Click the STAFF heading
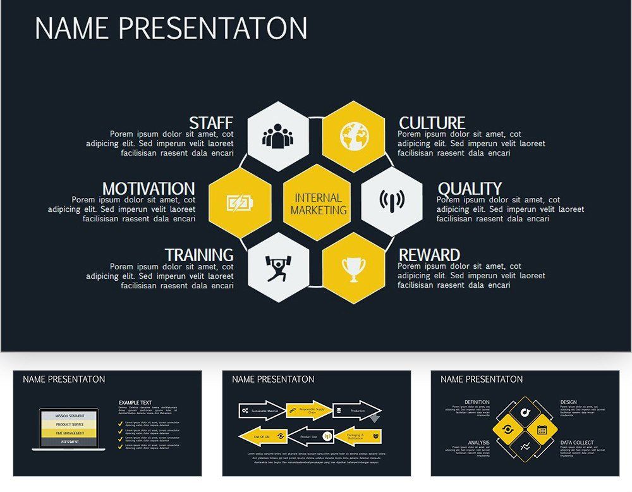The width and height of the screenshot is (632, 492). [x=211, y=123]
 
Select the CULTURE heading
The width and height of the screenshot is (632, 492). [x=432, y=123]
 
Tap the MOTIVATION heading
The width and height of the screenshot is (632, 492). [x=149, y=188]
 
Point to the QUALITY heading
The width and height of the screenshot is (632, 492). [x=469, y=188]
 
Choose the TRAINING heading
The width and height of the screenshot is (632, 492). [x=199, y=255]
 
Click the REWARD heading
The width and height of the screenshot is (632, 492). [x=429, y=255]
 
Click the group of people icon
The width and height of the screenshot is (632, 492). [x=278, y=136]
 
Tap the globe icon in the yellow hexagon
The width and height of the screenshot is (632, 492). [x=354, y=136]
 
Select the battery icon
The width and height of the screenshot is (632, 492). [x=240, y=203]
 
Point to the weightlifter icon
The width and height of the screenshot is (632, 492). [x=278, y=268]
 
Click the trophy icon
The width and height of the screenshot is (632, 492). [x=354, y=268]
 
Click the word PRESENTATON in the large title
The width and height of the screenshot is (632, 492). [x=212, y=28]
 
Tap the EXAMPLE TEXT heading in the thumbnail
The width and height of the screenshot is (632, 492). [x=135, y=402]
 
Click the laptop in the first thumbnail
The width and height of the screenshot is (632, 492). [x=69, y=429]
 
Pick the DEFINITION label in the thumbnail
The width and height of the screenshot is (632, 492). [x=477, y=402]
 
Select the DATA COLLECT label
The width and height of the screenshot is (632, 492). [x=576, y=443]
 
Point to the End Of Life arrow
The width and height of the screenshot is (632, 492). [x=262, y=436]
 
